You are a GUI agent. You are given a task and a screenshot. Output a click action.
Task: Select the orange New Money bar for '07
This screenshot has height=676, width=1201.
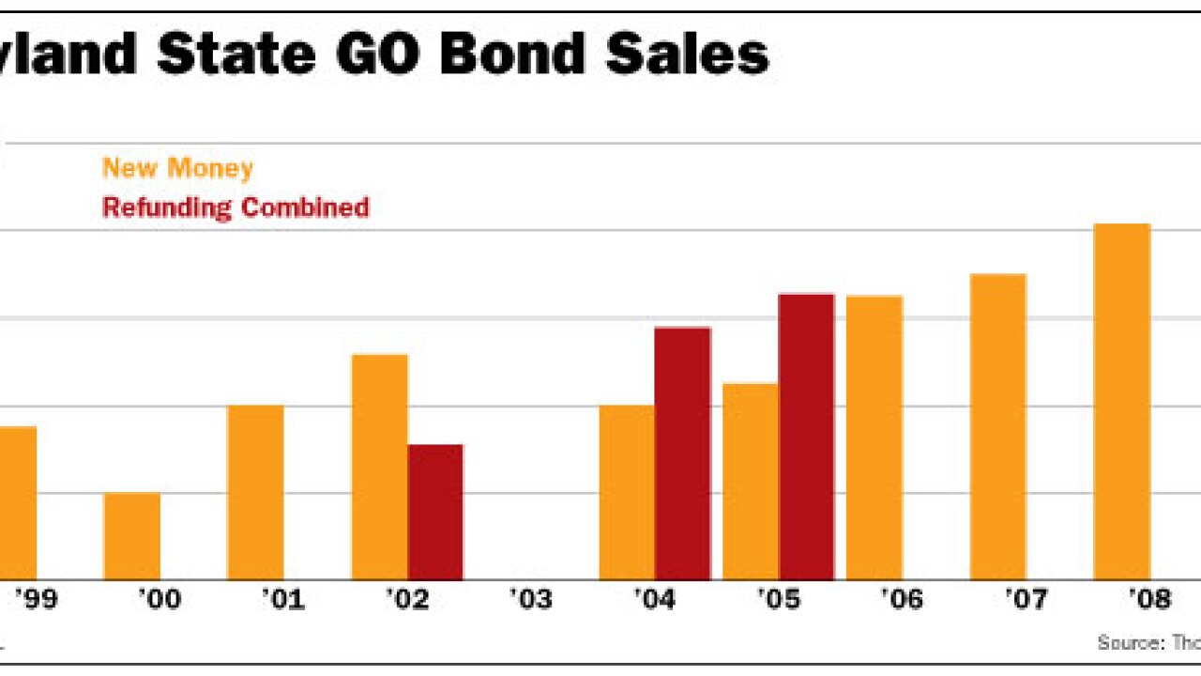998,427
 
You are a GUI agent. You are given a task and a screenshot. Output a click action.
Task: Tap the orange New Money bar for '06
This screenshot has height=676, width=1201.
874,438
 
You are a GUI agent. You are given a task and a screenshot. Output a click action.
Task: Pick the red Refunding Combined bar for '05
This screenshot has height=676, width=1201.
807,437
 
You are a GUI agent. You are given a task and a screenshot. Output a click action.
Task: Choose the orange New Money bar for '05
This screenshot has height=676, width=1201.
752,482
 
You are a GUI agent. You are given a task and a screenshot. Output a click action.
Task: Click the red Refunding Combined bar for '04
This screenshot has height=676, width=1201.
683,453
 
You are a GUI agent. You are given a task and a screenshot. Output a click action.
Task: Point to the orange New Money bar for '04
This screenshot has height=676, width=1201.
628,492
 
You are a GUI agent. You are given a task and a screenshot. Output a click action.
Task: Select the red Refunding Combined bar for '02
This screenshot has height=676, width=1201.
435,512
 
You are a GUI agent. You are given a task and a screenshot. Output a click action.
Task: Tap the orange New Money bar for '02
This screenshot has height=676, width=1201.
380,467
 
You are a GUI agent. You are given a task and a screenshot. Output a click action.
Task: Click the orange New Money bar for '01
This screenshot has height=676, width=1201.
256,492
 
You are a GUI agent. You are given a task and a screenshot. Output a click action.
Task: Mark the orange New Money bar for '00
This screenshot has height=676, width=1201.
132,536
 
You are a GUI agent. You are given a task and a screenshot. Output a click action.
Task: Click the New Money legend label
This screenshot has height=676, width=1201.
177,169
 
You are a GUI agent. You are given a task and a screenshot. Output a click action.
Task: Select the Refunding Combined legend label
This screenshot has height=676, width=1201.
236,207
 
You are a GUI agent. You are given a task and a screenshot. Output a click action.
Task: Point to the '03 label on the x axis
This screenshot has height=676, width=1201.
531,599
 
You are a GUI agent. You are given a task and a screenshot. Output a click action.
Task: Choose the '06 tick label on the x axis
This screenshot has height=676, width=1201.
901,599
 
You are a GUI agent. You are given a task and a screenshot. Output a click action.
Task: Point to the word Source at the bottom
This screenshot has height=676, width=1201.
1128,643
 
